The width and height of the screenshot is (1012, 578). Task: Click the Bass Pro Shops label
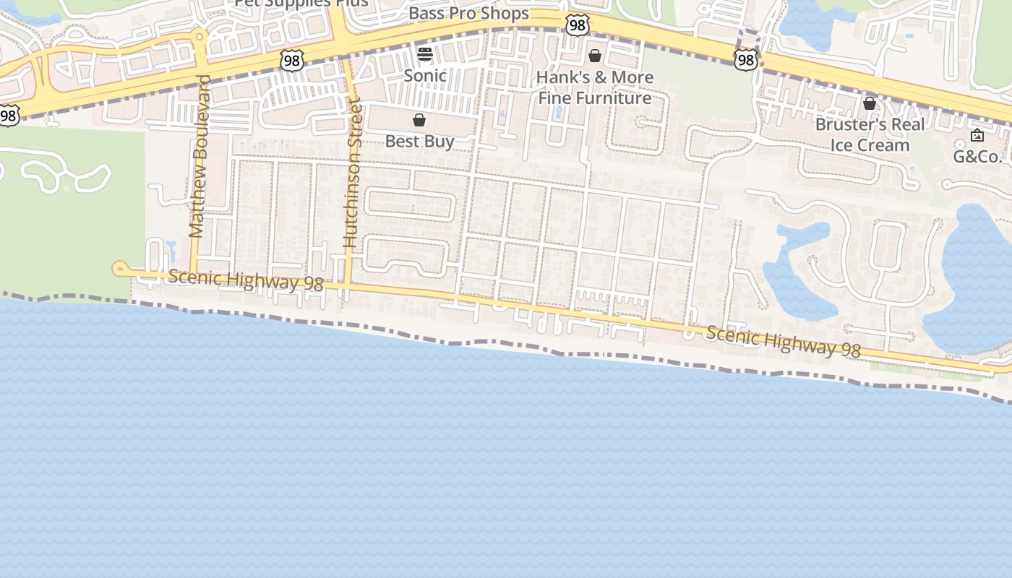(468, 14)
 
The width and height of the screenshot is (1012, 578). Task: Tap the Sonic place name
(425, 75)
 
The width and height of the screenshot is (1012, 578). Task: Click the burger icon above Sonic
(425, 53)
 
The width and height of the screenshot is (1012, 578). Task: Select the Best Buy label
(419, 141)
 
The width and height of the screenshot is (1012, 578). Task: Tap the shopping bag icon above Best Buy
(419, 120)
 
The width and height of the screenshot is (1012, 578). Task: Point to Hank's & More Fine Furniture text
(595, 87)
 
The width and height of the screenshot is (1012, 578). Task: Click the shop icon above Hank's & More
(595, 56)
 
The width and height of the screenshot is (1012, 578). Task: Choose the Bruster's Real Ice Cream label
(870, 134)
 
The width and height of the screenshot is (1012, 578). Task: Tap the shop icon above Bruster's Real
(870, 103)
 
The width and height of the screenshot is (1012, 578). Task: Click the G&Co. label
(977, 156)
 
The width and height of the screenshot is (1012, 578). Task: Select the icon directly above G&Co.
(977, 135)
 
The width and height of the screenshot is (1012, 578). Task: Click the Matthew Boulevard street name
(199, 156)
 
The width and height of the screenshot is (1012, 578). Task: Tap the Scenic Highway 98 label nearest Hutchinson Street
(246, 280)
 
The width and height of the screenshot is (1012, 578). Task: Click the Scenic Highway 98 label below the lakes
(784, 341)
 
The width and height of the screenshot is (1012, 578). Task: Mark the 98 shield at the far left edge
(9, 115)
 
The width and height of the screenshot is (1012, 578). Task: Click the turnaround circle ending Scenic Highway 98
(119, 269)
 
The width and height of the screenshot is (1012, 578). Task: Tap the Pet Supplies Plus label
(302, 3)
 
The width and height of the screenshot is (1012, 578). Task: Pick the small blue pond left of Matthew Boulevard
(171, 251)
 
